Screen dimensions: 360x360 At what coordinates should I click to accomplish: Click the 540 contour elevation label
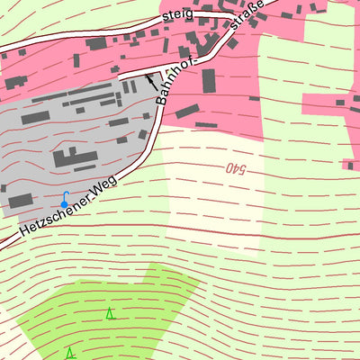[x=231, y=167]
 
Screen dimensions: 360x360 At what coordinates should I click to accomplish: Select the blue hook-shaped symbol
[x=64, y=200]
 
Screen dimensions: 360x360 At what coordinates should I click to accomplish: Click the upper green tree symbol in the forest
[x=110, y=313]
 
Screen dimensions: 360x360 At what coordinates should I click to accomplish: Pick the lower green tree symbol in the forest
[x=69, y=352]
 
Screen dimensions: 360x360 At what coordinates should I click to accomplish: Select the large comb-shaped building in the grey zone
[x=76, y=158]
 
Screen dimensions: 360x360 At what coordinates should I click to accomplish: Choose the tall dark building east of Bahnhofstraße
[x=209, y=80]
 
